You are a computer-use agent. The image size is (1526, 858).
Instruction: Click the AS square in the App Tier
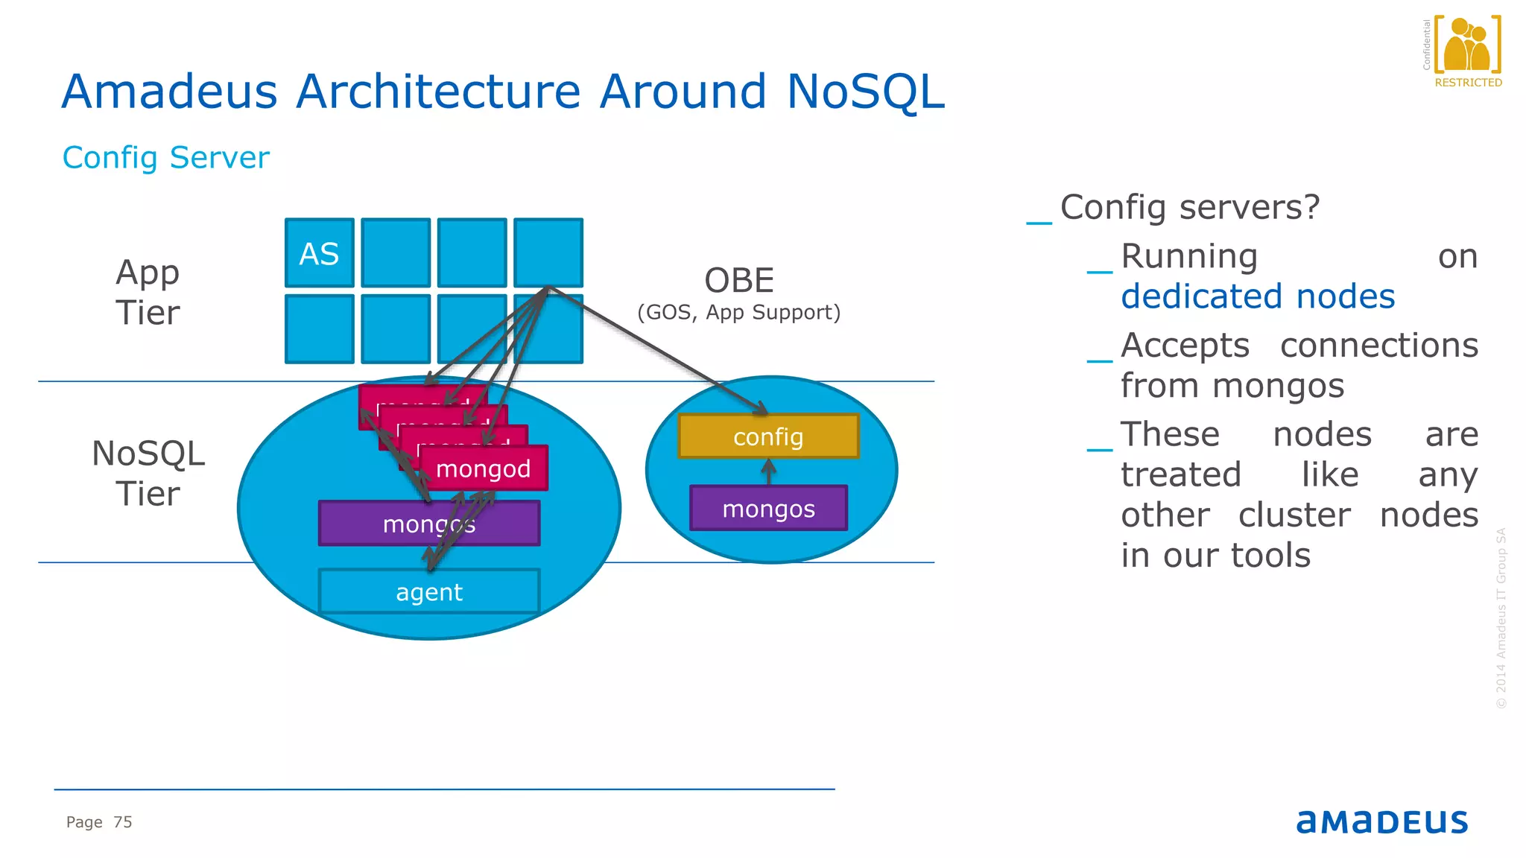click(x=319, y=253)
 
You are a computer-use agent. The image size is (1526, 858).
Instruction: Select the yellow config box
click(x=768, y=436)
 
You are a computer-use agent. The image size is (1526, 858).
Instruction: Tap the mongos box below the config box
click(x=768, y=509)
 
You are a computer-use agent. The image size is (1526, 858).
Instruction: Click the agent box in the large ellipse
click(x=429, y=592)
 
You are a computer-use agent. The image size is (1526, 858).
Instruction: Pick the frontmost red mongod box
click(x=484, y=468)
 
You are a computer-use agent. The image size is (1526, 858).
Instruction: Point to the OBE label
click(x=739, y=281)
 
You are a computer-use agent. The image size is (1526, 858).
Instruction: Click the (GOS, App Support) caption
click(x=738, y=312)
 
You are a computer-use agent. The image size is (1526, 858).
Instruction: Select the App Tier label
click(x=148, y=292)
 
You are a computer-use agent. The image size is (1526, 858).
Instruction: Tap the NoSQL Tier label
click(x=148, y=473)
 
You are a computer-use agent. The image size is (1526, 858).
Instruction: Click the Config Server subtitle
click(x=165, y=158)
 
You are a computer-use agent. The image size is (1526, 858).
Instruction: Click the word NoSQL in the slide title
click(x=865, y=92)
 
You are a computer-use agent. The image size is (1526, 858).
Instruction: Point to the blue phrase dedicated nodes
click(x=1258, y=296)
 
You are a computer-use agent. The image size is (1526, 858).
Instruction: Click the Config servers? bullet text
click(x=1189, y=207)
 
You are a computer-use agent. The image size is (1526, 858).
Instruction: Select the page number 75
click(x=123, y=822)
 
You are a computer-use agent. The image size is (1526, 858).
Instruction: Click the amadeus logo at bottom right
click(x=1382, y=822)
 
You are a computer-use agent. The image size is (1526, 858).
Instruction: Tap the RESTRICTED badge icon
click(x=1467, y=46)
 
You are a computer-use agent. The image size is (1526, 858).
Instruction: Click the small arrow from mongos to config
click(x=769, y=471)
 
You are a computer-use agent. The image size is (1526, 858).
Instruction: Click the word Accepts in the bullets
click(x=1185, y=346)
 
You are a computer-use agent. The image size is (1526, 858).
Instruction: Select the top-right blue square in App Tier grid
click(x=548, y=252)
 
